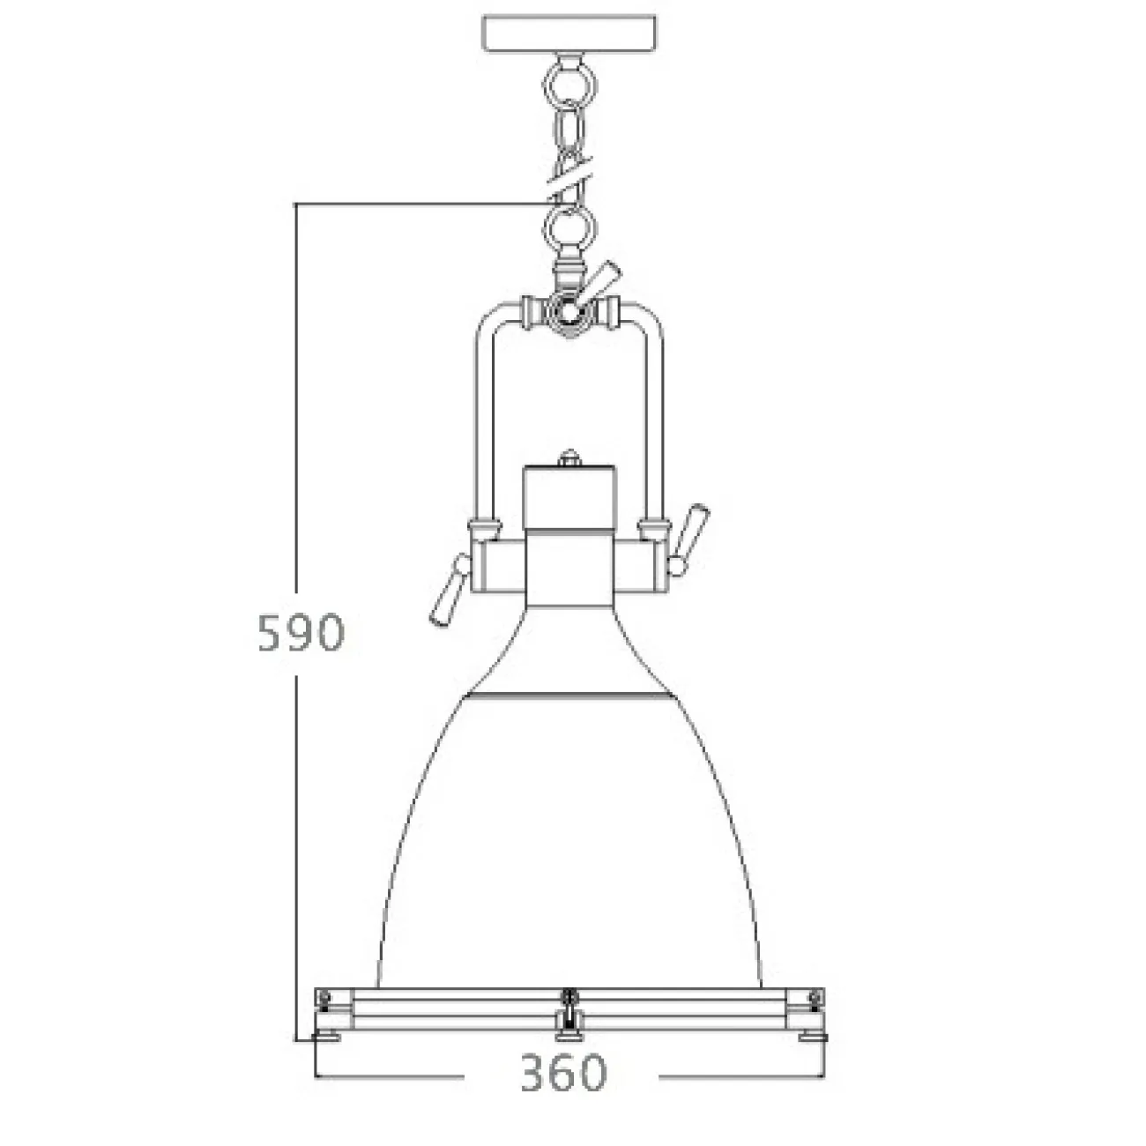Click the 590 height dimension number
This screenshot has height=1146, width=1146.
click(x=299, y=632)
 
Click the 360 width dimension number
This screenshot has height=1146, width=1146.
click(x=563, y=1073)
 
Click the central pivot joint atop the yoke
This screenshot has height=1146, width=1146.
click(x=569, y=310)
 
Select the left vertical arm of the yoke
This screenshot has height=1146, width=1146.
click(x=482, y=423)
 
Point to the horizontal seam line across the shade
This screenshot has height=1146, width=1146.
click(x=570, y=696)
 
